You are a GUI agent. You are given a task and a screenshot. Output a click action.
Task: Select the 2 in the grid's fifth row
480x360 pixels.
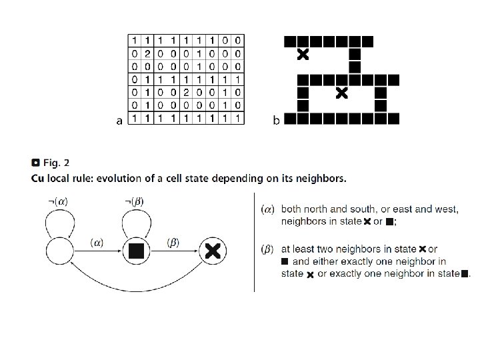[x=186, y=92]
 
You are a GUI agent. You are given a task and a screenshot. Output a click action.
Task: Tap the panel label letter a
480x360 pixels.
[x=119, y=121]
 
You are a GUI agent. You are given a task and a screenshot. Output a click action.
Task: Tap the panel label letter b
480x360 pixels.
[x=276, y=121]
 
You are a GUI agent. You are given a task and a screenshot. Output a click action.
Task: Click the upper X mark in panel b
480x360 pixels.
[x=303, y=53]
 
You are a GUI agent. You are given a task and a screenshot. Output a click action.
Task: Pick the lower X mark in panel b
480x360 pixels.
[x=341, y=93]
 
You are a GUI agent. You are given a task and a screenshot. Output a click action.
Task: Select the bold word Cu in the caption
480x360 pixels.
[x=39, y=178]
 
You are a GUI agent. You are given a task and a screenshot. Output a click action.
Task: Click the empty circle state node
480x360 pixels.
[x=60, y=251]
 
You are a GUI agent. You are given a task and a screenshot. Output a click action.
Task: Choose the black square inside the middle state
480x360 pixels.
[x=136, y=251]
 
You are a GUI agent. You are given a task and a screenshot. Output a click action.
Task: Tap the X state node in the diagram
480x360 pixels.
[x=213, y=251]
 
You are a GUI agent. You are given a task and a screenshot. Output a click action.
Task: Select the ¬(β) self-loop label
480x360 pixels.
[x=134, y=201]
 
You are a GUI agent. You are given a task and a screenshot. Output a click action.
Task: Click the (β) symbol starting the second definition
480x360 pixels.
[x=269, y=249]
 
